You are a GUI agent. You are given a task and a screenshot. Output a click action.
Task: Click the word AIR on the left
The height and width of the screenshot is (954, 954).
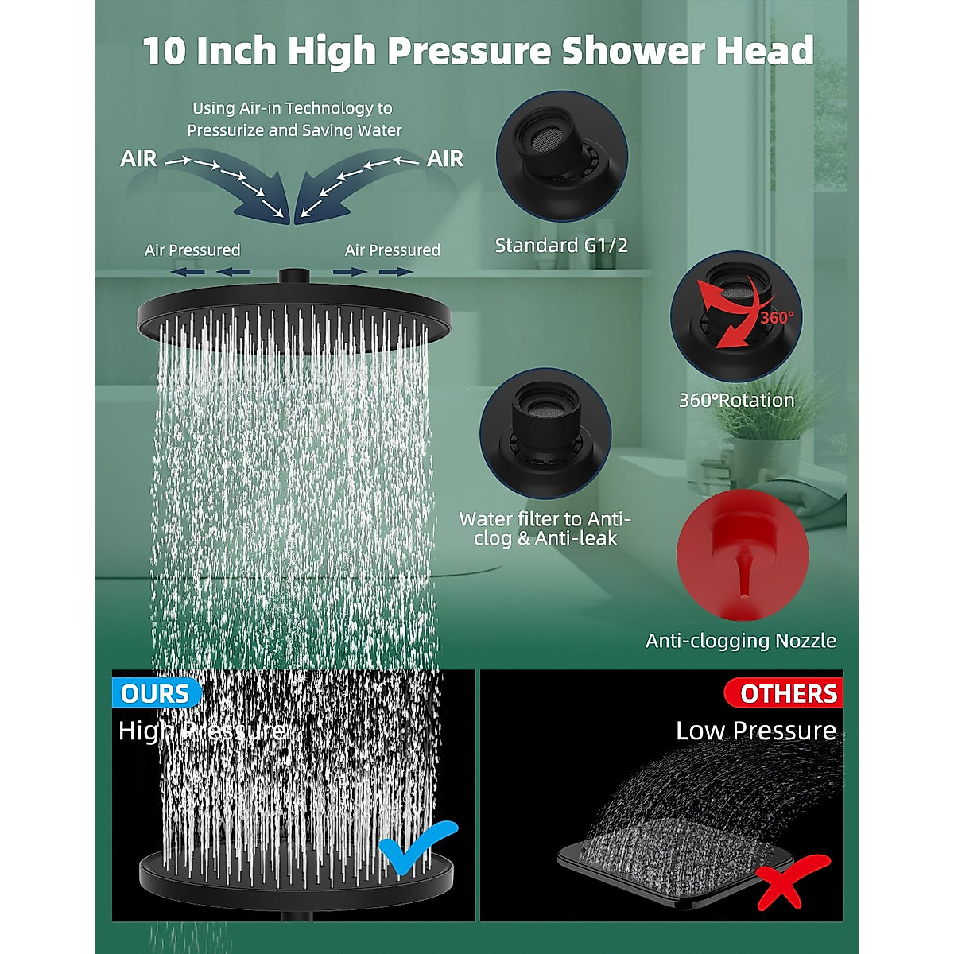point(138,159)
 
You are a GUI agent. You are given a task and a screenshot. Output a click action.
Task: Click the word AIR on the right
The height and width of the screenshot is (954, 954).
point(445,159)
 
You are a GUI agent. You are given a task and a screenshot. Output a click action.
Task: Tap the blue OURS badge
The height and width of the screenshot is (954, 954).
point(156,693)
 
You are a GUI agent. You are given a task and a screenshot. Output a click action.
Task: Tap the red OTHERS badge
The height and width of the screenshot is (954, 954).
point(787,693)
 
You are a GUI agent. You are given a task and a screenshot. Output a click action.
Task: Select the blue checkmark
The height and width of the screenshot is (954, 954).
point(417,847)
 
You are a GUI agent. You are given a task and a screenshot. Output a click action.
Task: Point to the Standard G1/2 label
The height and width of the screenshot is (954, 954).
point(561,245)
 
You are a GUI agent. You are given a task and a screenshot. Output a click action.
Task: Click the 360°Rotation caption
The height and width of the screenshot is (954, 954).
point(736,400)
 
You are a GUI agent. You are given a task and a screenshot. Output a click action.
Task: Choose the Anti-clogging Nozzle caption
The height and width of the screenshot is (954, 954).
point(741,641)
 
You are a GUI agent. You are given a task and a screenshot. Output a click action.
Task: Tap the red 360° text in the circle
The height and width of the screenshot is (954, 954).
point(776,318)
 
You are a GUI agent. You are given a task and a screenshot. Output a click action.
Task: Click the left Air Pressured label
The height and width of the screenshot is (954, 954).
point(192,250)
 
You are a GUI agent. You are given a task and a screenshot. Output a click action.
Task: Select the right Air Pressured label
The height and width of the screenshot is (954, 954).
point(392,250)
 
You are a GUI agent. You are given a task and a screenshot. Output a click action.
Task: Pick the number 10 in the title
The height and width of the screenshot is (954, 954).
point(164,51)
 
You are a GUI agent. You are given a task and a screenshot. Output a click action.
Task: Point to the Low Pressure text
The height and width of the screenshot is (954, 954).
point(755,731)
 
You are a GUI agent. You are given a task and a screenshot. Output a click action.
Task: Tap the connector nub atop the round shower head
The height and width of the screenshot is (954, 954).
point(293,275)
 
